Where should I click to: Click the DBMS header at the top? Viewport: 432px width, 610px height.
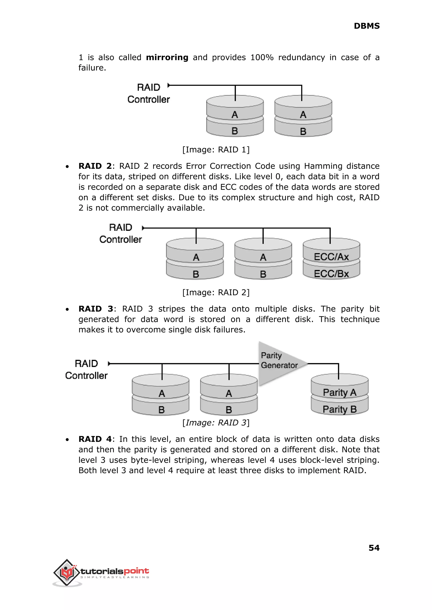[x=367, y=26]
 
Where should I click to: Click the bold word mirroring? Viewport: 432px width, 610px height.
[x=167, y=57]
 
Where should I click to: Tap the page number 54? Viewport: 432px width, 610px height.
[x=374, y=548]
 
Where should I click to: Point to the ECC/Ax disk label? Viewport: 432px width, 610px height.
[x=331, y=257]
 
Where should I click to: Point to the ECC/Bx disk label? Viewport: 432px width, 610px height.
[x=331, y=274]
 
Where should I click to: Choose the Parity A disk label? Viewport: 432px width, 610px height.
[x=339, y=392]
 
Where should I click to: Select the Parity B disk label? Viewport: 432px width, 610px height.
[x=339, y=409]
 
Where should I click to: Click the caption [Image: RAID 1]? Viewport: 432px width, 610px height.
[x=216, y=150]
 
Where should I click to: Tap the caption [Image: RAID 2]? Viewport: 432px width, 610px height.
[x=216, y=292]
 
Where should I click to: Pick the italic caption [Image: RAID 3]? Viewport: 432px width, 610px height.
[x=216, y=423]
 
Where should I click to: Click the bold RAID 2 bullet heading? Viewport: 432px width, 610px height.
[x=95, y=166]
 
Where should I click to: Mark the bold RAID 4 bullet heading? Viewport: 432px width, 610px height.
[x=95, y=439]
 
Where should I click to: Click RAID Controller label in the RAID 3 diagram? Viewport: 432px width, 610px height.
[x=86, y=369]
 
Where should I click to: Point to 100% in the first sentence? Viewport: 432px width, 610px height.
[x=262, y=57]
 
